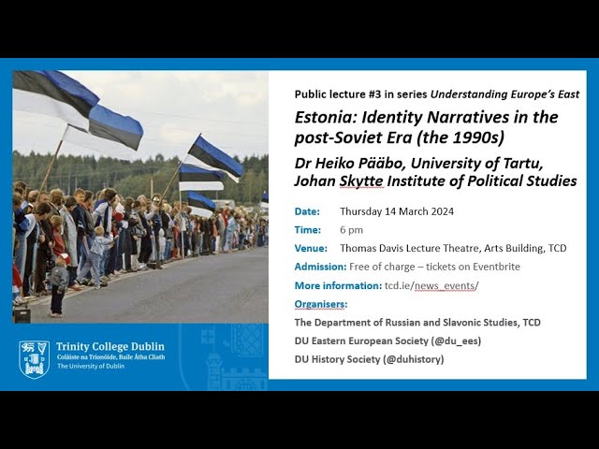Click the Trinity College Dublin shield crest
click(x=34, y=359)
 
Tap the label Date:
click(x=307, y=211)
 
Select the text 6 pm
click(x=352, y=230)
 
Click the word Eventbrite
click(x=496, y=267)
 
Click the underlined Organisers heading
click(x=321, y=304)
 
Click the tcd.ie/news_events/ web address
click(x=431, y=285)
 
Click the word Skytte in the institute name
click(x=361, y=181)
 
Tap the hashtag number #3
click(x=374, y=94)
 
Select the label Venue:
click(x=311, y=249)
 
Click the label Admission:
click(x=320, y=267)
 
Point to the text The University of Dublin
click(x=91, y=366)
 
